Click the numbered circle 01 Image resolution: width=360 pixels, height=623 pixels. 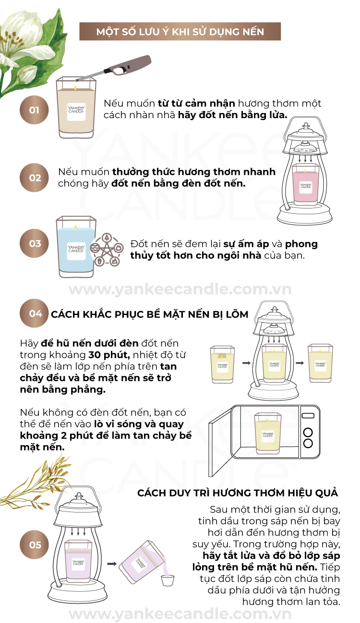[34, 110]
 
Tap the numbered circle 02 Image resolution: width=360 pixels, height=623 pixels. [34, 178]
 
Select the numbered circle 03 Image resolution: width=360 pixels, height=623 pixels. [34, 244]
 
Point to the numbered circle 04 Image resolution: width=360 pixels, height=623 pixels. [34, 314]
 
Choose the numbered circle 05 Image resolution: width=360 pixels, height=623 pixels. [34, 545]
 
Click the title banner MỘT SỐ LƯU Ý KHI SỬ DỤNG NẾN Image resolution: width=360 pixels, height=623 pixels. [180, 31]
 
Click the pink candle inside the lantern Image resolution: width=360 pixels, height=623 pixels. [305, 184]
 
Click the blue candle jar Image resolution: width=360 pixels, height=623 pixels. [76, 247]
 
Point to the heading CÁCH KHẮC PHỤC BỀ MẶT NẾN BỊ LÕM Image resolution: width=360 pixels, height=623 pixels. [150, 314]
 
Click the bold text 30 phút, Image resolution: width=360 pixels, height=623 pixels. [109, 354]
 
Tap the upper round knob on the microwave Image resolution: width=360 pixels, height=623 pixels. [308, 432]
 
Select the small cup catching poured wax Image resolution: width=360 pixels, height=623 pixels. [168, 580]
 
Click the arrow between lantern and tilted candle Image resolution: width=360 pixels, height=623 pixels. [112, 564]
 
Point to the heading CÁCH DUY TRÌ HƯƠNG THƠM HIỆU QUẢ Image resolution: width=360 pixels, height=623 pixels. [238, 493]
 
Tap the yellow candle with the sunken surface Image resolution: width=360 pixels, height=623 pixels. [222, 364]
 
